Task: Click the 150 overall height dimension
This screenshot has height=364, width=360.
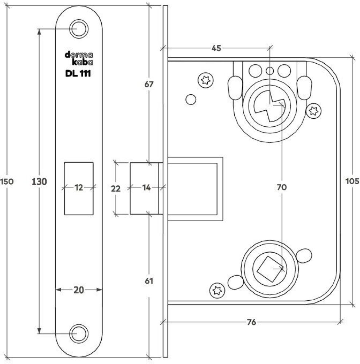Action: coord(7,181)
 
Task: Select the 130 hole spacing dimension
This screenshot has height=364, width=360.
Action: coord(39,181)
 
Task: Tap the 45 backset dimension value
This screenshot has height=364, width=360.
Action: coord(216,47)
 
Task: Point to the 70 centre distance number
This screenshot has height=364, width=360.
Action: coord(282,187)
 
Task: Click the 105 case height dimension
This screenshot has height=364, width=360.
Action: coord(353,181)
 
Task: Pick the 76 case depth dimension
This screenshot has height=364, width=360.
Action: coord(251,322)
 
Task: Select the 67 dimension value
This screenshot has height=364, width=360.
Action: coord(149,84)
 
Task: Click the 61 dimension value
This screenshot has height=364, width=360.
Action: coord(149,281)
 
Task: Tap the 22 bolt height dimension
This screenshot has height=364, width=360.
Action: coord(116,188)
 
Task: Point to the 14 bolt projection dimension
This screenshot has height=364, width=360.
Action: coord(146,188)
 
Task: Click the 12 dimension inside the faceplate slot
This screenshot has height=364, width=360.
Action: coord(79,187)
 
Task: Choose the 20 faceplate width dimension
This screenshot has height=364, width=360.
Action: coord(79,290)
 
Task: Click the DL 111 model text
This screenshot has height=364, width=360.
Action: coord(78,73)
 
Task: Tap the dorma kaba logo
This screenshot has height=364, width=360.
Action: coord(78,58)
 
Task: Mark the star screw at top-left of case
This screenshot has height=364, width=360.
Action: coord(205,80)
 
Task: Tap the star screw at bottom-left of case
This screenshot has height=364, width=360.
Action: coord(216,290)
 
